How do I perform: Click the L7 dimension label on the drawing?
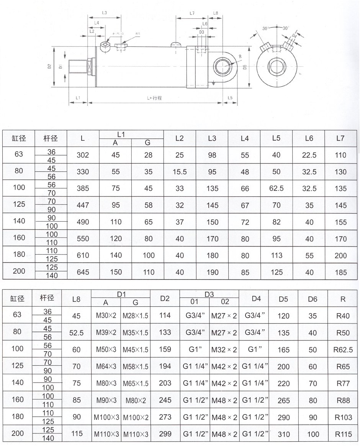click(192, 13)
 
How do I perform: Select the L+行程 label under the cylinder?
click(154, 98)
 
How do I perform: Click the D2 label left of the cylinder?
click(49, 66)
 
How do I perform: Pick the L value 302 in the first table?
click(83, 155)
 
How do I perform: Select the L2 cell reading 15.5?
click(180, 172)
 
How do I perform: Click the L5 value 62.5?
click(276, 188)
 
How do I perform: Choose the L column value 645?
click(83, 272)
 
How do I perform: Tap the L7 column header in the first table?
click(340, 138)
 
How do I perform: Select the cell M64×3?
click(106, 366)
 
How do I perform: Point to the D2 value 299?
click(165, 434)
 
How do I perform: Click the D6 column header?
click(313, 299)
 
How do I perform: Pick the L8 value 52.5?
click(77, 333)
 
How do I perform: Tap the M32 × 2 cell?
click(224, 350)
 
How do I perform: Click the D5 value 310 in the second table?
click(283, 434)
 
